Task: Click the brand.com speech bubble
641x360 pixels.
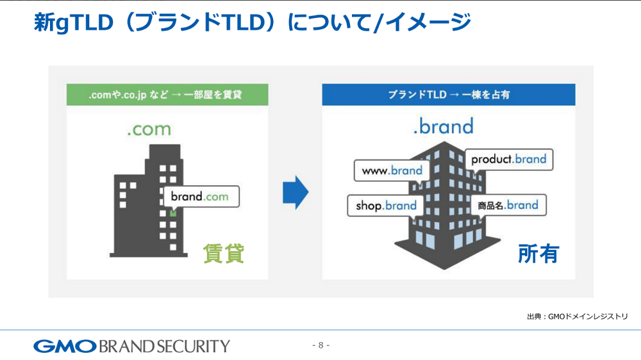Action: tap(201, 197)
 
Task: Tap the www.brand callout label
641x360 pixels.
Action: tap(392, 170)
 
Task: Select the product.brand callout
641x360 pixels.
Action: tap(508, 160)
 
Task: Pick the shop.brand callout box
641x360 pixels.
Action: tap(386, 205)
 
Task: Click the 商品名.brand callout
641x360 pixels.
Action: tap(508, 205)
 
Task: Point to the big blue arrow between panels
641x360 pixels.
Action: tap(296, 192)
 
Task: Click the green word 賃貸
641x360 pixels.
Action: tap(224, 254)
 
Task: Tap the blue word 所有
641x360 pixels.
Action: tap(538, 254)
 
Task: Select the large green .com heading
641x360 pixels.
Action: tap(149, 129)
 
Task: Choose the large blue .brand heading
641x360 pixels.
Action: tap(444, 126)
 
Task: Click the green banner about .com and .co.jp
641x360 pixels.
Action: tap(167, 95)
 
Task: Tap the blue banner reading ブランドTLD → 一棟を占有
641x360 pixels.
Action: tap(449, 95)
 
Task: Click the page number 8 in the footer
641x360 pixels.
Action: tap(321, 345)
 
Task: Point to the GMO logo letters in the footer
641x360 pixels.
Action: tap(65, 347)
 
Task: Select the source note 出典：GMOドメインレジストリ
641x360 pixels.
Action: tap(578, 316)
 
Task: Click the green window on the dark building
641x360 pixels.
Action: tap(173, 213)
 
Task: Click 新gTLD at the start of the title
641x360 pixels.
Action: tap(74, 22)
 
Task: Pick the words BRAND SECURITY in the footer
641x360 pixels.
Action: tap(164, 347)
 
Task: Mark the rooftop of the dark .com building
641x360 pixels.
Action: tap(165, 145)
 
